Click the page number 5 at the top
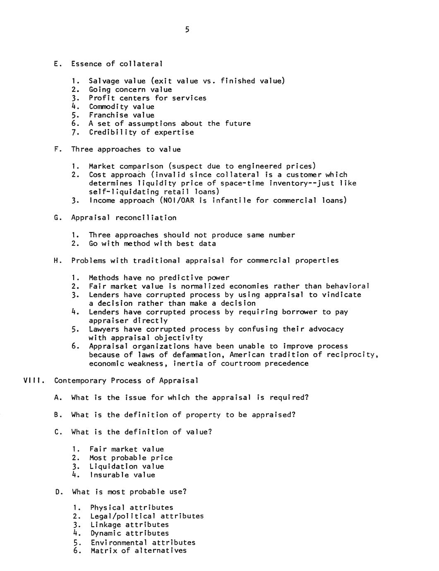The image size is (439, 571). pos(187,29)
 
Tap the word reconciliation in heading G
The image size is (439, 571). pos(146,218)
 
